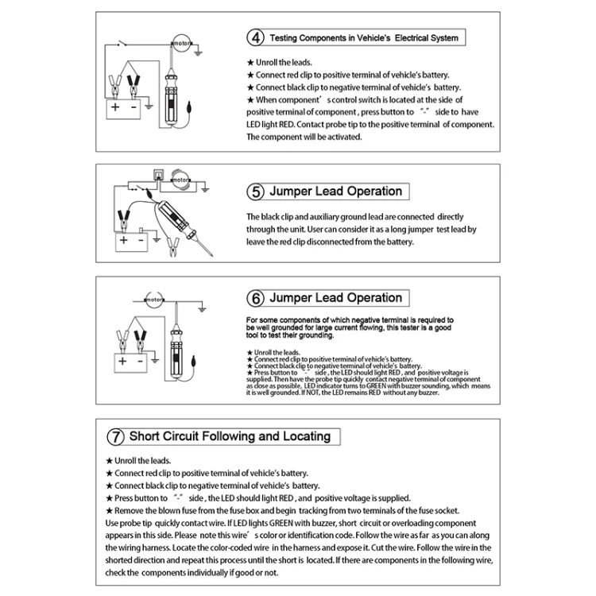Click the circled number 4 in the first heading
tap(255, 37)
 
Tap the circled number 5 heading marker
tap(255, 192)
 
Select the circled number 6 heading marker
tap(255, 299)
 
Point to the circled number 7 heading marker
tap(117, 436)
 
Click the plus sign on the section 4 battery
tap(115, 107)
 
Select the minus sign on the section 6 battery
tap(141, 361)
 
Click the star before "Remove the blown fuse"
tap(109, 511)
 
